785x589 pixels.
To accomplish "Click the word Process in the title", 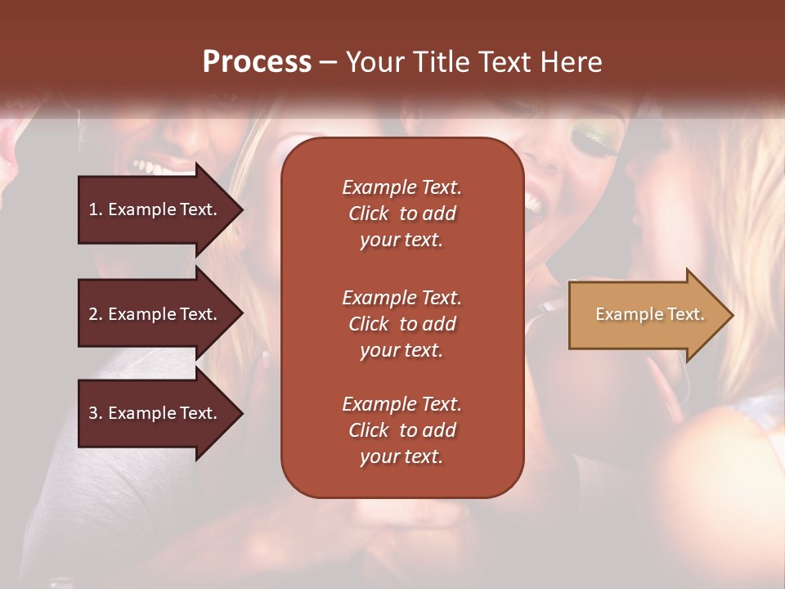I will click(257, 62).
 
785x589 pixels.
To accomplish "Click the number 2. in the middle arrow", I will click(96, 314).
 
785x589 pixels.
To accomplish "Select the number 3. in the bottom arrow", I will click(96, 413).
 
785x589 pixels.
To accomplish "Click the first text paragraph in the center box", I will click(401, 214).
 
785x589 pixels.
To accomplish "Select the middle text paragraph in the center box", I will click(401, 323).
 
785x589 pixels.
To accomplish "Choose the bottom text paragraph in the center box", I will click(401, 430).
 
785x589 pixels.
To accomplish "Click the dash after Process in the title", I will click(328, 62).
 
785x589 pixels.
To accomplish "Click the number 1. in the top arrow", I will click(96, 209).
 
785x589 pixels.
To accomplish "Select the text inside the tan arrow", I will click(649, 315).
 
